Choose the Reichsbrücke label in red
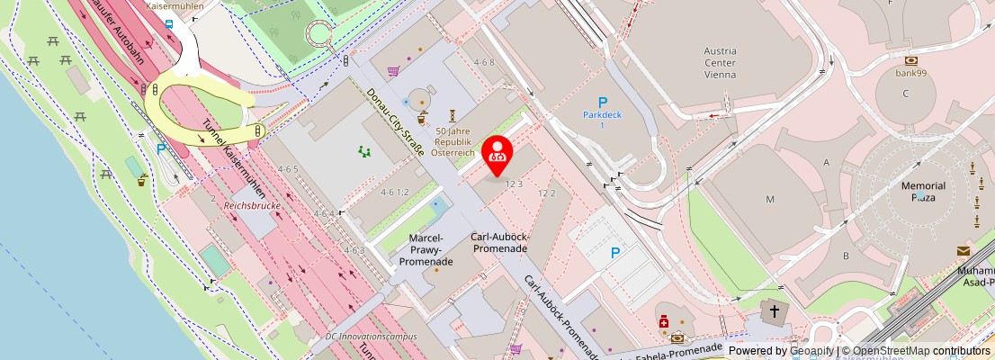point(253,206)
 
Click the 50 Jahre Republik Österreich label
point(453,142)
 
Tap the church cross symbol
point(773,311)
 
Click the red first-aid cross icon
point(665,321)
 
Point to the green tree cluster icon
point(364,152)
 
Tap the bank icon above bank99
point(910,60)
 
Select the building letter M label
point(770,198)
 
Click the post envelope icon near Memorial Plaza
point(964,251)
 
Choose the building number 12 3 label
point(514,184)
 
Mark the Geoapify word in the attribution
point(811,351)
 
